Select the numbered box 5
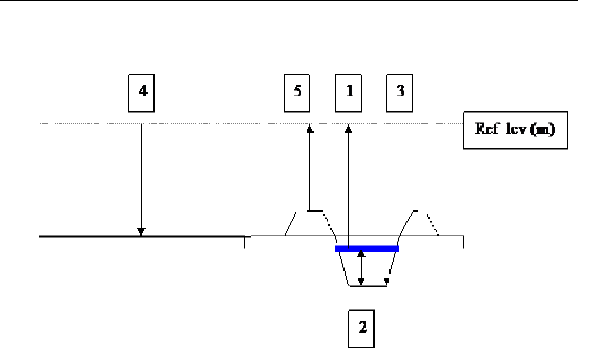298,93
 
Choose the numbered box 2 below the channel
363,328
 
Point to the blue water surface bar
366,248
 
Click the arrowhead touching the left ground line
141,231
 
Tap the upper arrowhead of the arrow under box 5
309,128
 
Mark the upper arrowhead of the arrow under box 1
348,128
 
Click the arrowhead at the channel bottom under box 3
387,282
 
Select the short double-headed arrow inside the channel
361,267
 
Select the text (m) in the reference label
542,131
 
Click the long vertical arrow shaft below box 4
141,176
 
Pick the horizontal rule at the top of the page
303,1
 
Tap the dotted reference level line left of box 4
84,124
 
